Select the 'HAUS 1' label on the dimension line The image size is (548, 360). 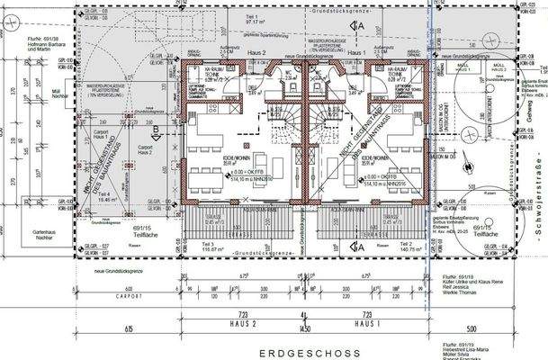364,321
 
